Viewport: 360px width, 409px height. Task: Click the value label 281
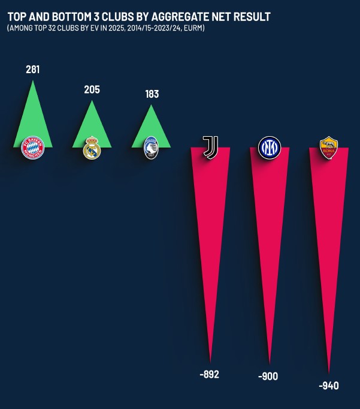(32, 70)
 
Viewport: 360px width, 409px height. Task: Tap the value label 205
(92, 90)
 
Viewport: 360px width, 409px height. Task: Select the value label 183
(152, 94)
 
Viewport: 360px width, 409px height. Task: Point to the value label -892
(209, 374)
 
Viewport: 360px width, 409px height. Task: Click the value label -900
(268, 377)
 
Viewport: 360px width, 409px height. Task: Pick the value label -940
(328, 386)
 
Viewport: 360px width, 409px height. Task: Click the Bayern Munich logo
(32, 147)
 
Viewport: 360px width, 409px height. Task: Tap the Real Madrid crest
(92, 148)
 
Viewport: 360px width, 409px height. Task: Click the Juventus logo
(210, 146)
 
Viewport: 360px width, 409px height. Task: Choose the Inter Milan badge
(269, 147)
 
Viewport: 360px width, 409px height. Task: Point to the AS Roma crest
(328, 148)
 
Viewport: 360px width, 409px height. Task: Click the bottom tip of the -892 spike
(210, 360)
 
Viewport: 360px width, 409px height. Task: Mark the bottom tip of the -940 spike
(328, 372)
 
